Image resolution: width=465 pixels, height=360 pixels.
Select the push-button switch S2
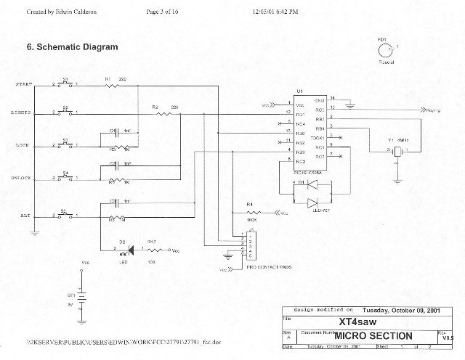(65, 113)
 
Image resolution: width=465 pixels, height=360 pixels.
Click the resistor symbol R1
(112, 85)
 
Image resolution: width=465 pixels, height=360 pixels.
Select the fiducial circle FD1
(383, 51)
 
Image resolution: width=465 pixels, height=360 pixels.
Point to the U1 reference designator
(299, 92)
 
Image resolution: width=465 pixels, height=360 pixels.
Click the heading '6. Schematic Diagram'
(72, 46)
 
